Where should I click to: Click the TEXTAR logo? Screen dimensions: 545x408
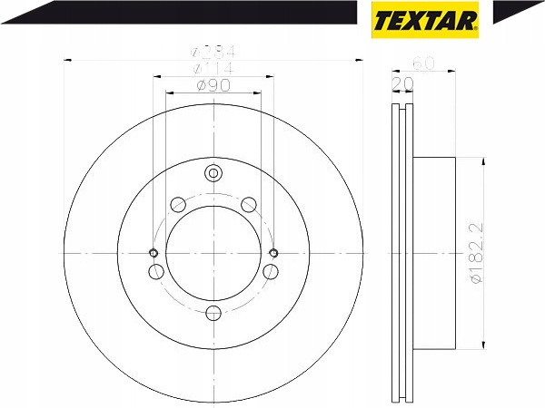click(x=425, y=20)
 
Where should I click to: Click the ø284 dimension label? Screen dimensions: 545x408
click(x=213, y=52)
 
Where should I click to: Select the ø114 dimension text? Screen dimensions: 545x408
click(x=213, y=68)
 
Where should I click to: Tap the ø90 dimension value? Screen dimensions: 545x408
click(x=213, y=85)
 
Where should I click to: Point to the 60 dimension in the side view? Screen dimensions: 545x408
click(x=423, y=63)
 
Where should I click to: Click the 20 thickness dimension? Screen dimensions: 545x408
click(x=402, y=83)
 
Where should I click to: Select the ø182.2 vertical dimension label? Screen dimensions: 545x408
click(x=477, y=253)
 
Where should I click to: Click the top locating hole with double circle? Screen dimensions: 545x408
click(x=213, y=173)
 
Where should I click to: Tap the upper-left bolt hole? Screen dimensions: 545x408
click(x=178, y=204)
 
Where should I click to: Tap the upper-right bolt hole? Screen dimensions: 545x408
click(x=249, y=204)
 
